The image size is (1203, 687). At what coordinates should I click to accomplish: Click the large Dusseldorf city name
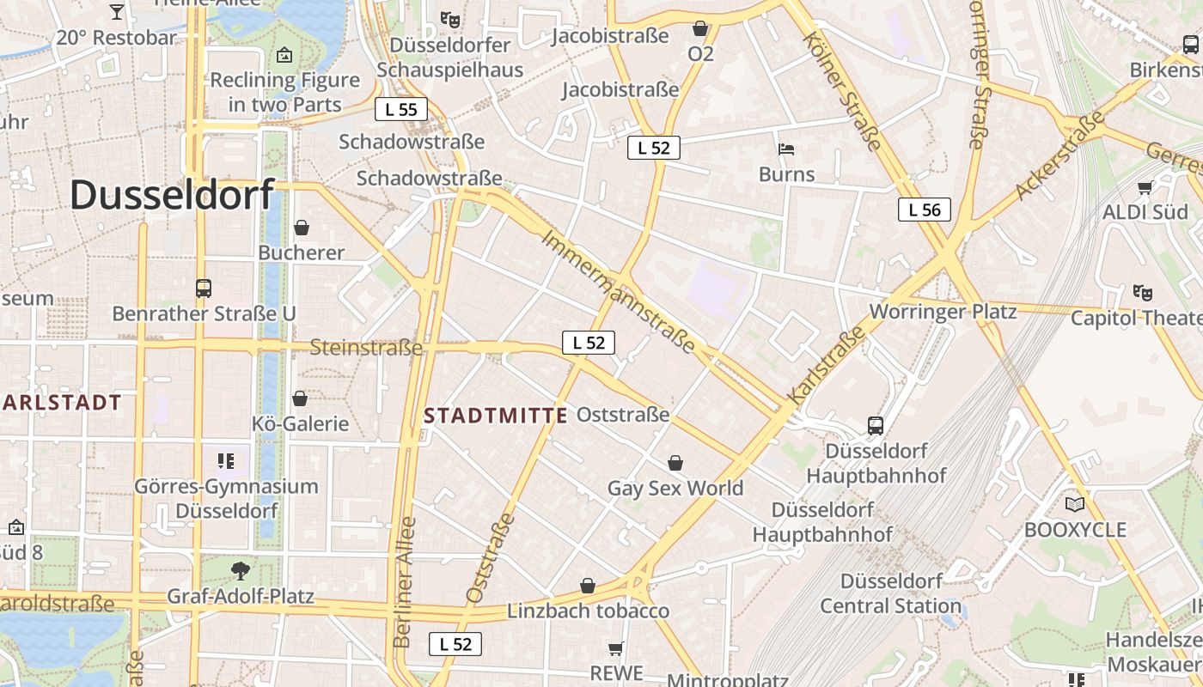coord(172,195)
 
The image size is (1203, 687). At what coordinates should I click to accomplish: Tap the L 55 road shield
coord(401,109)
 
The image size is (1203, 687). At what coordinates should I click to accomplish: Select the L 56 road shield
coord(925,210)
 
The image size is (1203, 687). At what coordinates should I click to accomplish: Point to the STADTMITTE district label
coord(496,416)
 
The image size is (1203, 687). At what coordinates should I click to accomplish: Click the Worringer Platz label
coord(943,311)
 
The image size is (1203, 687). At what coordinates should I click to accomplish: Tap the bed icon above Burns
coord(785,149)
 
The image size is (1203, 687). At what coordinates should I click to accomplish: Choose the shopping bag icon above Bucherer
coord(301,228)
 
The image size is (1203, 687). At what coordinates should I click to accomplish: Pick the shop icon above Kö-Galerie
coord(300,398)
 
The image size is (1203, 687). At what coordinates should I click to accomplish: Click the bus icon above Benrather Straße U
coord(204,289)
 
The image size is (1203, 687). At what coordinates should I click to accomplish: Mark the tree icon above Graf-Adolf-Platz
coord(241,569)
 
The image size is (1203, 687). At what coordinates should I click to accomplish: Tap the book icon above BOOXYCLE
coord(1074,504)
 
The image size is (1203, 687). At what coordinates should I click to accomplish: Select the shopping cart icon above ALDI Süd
coord(1145,187)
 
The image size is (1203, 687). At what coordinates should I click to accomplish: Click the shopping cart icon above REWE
coord(615,647)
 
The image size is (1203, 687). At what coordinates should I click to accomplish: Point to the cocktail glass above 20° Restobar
coord(117,12)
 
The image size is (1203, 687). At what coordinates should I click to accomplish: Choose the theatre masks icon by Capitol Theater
coord(1141,293)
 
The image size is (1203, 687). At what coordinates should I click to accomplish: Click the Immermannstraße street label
coord(618,291)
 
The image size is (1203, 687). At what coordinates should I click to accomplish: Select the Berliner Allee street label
coord(404,582)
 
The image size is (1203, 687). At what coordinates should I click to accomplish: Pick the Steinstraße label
coord(366,348)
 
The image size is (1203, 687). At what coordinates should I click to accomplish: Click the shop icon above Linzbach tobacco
coord(588,586)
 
